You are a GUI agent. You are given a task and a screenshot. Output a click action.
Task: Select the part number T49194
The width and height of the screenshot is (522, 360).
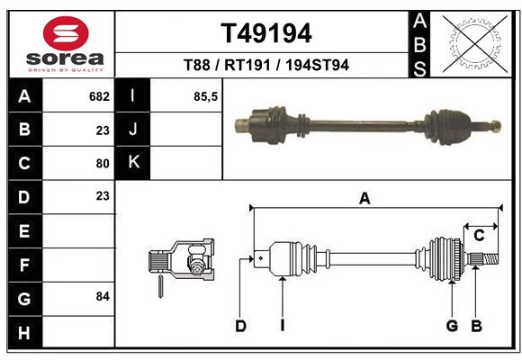[x=266, y=33]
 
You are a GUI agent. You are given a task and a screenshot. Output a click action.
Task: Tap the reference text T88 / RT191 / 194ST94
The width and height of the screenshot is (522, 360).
[x=266, y=65]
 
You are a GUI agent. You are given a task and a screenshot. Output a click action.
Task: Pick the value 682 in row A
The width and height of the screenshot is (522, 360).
[x=98, y=95]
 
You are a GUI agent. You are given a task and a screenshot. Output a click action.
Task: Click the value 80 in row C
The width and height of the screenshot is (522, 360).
[x=102, y=163]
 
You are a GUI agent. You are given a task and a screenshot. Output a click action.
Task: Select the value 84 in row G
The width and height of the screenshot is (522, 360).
[x=101, y=296]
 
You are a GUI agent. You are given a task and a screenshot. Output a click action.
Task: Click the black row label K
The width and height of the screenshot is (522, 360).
[x=133, y=163]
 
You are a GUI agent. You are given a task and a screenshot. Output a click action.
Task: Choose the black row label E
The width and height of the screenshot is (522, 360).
[x=23, y=230]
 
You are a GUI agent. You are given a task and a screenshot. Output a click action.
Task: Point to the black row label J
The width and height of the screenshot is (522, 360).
[x=133, y=130]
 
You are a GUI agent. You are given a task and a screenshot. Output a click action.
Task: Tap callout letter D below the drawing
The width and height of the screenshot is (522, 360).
[x=240, y=326]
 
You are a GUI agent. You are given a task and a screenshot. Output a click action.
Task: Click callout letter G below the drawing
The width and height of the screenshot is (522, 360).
[x=452, y=326]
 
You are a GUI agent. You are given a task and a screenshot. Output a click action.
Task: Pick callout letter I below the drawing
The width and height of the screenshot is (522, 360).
[x=282, y=326]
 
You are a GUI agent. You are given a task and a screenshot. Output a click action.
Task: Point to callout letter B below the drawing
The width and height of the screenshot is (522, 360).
[x=477, y=326]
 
